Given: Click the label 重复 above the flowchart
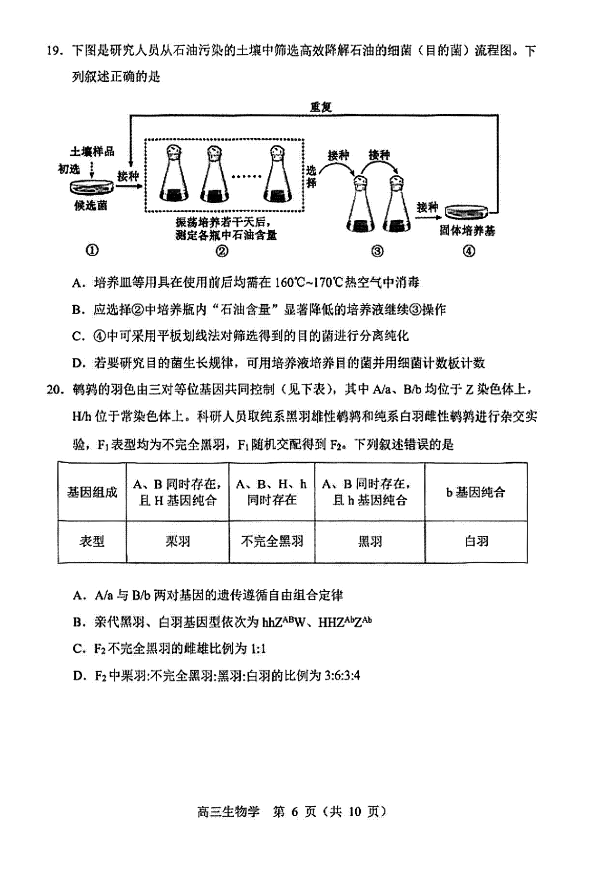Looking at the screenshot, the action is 320,107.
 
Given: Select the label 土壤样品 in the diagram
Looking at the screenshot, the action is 92,152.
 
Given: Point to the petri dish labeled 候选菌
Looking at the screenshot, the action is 92,188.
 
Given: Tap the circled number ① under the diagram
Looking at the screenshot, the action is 92,251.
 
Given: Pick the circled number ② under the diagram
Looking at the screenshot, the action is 222,251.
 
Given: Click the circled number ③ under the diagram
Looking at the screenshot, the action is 377,251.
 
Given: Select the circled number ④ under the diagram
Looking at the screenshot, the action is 469,251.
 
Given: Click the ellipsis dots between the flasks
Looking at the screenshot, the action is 247,177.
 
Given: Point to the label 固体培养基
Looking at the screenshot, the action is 467,231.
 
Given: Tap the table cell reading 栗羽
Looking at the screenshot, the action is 177,541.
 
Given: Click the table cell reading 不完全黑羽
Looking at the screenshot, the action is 272,541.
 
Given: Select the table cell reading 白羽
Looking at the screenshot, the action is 476,541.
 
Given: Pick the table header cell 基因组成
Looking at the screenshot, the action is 92,492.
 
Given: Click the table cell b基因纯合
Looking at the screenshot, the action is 476,492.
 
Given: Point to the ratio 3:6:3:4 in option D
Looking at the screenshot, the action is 342,675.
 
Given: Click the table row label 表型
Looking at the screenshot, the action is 92,541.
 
